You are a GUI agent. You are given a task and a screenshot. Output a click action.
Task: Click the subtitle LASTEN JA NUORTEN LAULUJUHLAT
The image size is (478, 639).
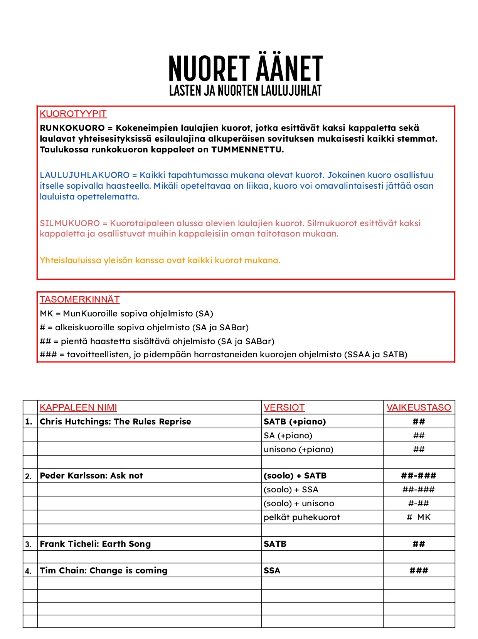[246, 91]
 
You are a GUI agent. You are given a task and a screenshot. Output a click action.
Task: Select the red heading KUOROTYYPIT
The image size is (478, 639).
[73, 114]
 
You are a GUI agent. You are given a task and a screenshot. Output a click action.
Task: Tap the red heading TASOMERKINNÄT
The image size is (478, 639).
[80, 299]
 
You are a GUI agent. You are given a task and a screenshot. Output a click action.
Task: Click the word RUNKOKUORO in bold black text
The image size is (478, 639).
[72, 128]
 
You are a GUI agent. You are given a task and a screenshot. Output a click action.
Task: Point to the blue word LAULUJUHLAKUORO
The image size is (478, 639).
[84, 175]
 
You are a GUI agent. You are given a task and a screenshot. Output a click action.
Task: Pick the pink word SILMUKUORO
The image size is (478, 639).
[70, 223]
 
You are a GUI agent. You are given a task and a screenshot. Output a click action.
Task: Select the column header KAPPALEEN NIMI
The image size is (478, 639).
[78, 407]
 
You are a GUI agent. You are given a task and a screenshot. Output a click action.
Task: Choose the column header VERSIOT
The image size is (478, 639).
[284, 407]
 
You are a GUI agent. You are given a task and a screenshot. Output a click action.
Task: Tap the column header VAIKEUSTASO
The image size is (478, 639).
[419, 407]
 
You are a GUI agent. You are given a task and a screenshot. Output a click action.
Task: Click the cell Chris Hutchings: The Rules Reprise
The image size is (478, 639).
[116, 422]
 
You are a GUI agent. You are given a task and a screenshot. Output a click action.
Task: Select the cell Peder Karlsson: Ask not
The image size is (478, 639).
[91, 476]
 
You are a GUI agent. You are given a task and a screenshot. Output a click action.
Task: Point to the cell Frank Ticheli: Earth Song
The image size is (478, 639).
[95, 544]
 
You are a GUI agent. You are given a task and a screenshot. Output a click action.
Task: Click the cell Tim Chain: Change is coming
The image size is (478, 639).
[104, 571]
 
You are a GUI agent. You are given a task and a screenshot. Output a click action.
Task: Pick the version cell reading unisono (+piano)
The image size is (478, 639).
[298, 450]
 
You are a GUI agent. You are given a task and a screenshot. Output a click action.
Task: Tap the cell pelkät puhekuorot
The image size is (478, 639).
[302, 517]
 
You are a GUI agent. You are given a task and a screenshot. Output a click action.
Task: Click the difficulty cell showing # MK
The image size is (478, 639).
[419, 517]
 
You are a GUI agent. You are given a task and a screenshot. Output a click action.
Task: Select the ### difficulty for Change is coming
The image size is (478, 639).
[419, 571]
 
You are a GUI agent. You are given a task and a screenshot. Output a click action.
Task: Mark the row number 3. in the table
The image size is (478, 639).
[29, 544]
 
